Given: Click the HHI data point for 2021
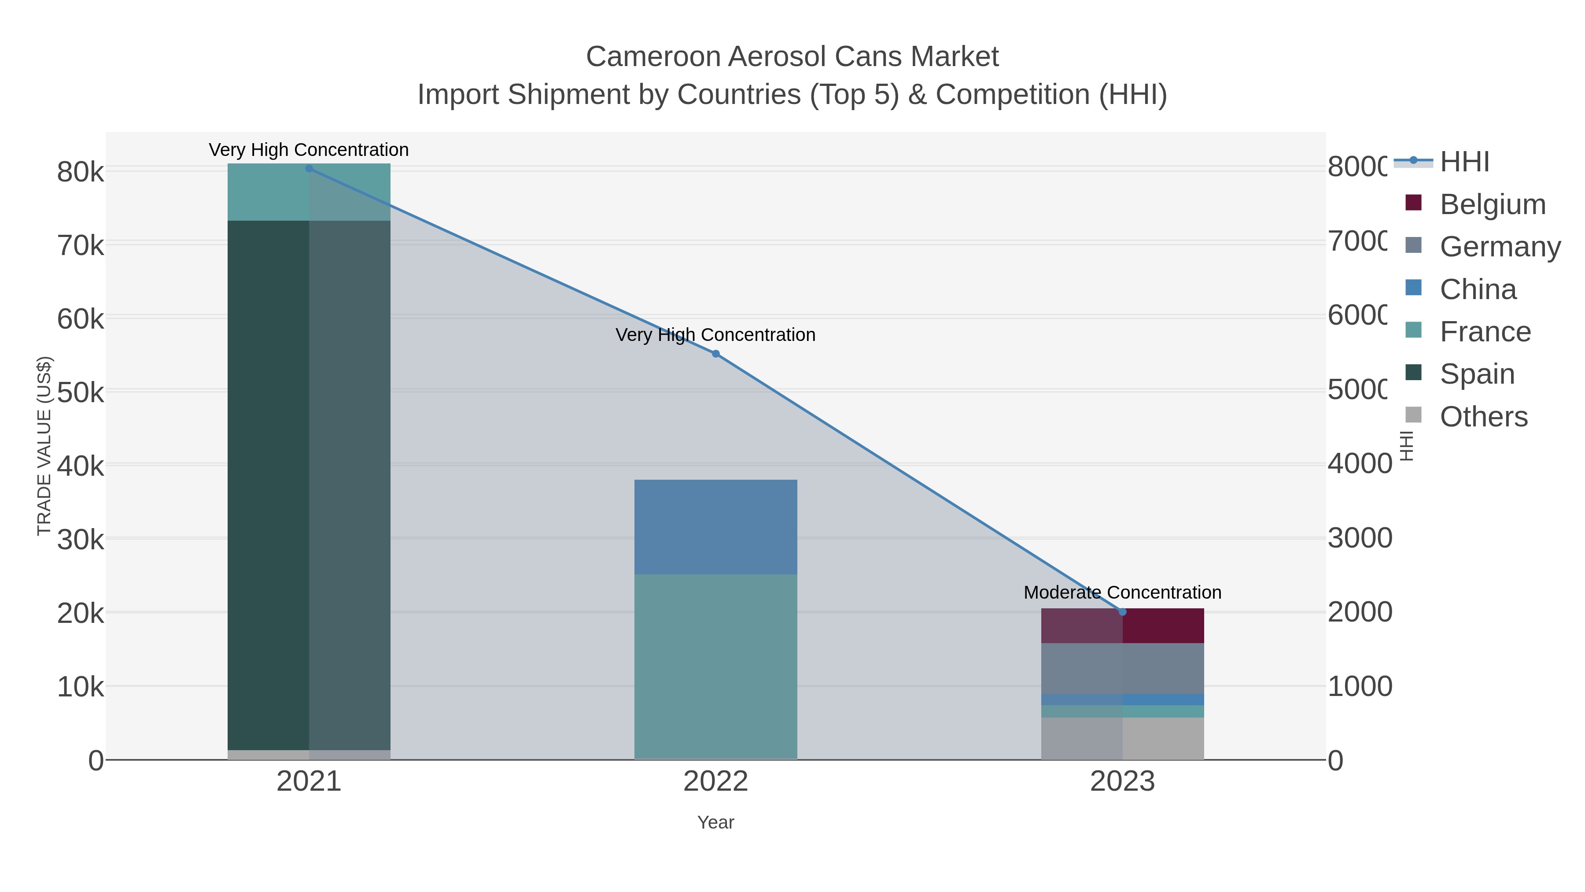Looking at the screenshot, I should (309, 169).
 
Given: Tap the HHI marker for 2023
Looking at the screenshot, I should (1122, 612).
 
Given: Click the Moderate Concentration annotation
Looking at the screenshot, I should (1122, 592).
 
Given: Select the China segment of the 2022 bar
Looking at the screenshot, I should (715, 527).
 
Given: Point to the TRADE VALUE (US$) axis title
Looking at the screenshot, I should (44, 446).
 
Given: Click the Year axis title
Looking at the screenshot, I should (715, 822).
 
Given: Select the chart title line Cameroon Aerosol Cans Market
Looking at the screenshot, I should (792, 57).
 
